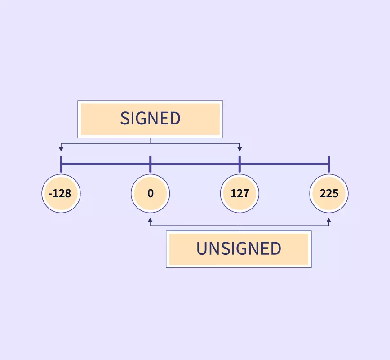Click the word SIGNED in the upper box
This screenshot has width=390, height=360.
(x=150, y=119)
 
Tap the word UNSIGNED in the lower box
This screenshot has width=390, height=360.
(x=239, y=249)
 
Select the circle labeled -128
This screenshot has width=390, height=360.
(x=61, y=194)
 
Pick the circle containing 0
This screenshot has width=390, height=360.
(x=150, y=194)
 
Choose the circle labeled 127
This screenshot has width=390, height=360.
(x=239, y=194)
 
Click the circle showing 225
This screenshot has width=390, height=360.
(x=329, y=194)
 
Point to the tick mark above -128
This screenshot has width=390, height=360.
(x=61, y=164)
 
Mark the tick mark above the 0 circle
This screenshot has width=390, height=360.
(x=150, y=164)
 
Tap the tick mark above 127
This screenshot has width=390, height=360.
(x=239, y=164)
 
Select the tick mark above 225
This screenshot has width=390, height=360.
(x=329, y=164)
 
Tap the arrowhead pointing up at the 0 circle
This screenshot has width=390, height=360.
(x=150, y=221)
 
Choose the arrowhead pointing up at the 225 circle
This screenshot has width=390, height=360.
(x=329, y=221)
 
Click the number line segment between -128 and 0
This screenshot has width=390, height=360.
(x=106, y=164)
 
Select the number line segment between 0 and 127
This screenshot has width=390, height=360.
(x=195, y=164)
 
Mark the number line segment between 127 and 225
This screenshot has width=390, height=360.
(x=284, y=164)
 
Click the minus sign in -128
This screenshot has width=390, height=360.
(x=49, y=194)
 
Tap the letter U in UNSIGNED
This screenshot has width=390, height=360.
(x=201, y=249)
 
